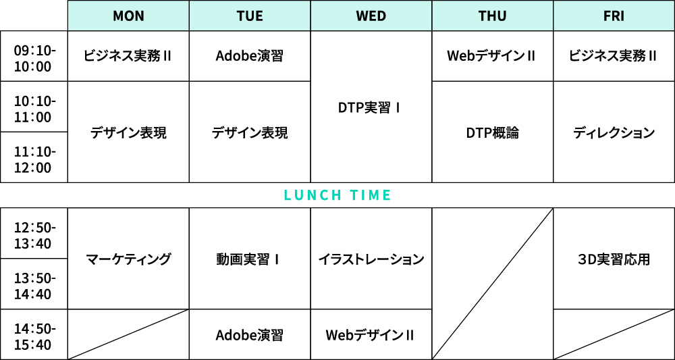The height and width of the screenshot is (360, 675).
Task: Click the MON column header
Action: (128, 16)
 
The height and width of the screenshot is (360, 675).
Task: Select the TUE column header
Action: (250, 16)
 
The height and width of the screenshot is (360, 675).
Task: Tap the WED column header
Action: (371, 16)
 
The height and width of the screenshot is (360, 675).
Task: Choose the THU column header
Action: (493, 16)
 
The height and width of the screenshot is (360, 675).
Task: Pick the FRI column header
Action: (614, 16)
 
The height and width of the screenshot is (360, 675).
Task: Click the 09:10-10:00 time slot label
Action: (34, 59)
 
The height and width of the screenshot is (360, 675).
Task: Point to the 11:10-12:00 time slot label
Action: (34, 159)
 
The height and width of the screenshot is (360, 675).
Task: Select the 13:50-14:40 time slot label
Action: (34, 286)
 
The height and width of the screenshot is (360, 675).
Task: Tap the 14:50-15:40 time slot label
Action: (34, 337)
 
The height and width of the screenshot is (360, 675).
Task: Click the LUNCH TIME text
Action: (337, 195)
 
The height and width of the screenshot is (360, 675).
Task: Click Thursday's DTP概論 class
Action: (493, 133)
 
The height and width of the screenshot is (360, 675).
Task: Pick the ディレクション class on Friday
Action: (614, 133)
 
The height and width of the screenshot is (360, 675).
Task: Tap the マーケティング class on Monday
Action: (128, 259)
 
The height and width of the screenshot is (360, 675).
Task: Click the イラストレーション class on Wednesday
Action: (371, 259)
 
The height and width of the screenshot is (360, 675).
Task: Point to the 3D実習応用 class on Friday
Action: (614, 259)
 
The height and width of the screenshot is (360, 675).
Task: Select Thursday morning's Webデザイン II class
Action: (493, 56)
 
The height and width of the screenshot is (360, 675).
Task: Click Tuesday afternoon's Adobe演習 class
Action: (250, 335)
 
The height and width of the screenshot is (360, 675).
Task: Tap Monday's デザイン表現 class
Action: (128, 133)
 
